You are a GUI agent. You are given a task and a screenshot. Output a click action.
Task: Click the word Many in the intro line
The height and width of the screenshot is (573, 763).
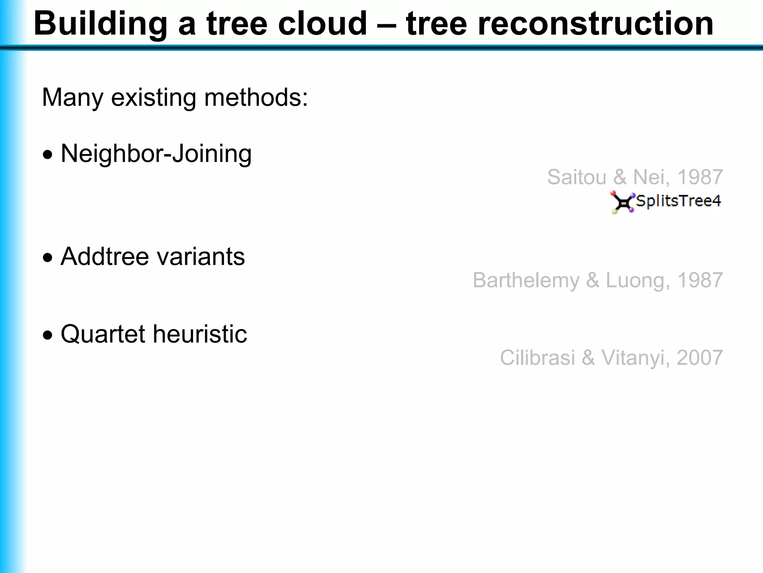point(72,98)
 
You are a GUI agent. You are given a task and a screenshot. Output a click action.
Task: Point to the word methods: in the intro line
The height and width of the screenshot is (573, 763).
point(256,98)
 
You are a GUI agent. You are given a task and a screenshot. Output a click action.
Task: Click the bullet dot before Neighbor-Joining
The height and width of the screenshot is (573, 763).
point(47,154)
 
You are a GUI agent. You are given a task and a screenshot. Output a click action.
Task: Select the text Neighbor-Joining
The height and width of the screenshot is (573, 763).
point(156,154)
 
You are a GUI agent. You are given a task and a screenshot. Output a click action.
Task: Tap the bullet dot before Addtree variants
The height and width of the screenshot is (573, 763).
point(47,257)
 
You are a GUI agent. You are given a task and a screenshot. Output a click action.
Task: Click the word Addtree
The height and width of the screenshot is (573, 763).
point(105,257)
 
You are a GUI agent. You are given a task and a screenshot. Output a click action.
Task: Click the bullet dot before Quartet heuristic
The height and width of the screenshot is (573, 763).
point(47,335)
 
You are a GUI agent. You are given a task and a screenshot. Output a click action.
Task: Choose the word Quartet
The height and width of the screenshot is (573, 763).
point(102,334)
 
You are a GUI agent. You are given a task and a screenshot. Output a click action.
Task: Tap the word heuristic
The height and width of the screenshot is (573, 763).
point(200,334)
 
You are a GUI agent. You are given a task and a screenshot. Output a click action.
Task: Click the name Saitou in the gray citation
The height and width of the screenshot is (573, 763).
point(577,177)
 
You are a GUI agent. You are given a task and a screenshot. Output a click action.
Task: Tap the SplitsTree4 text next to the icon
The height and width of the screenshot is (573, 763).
point(678,201)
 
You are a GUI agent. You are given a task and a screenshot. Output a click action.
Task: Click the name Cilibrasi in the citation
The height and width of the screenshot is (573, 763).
point(537,358)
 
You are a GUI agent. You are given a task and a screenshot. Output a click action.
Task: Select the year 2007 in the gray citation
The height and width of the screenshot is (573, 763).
point(699,358)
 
